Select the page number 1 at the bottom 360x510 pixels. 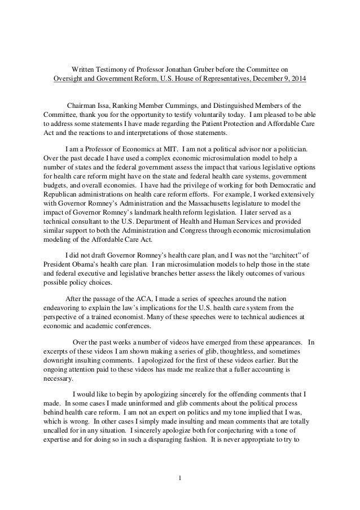point(179,481)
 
